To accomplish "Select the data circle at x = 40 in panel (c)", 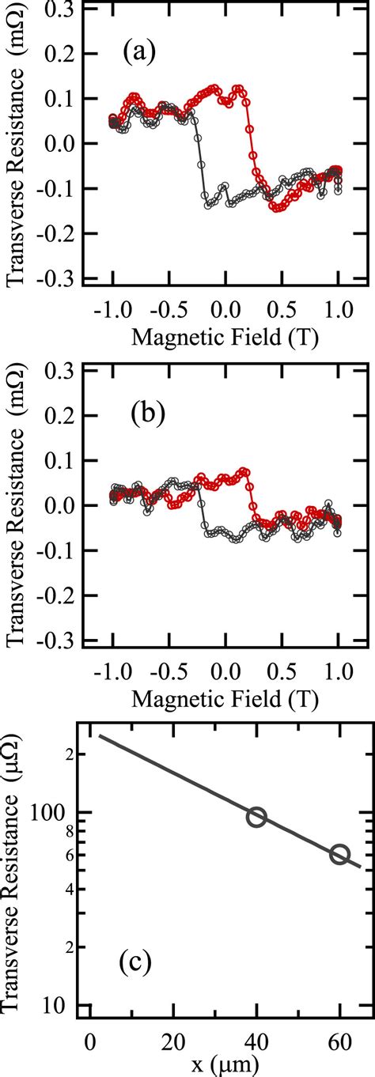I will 256,817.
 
